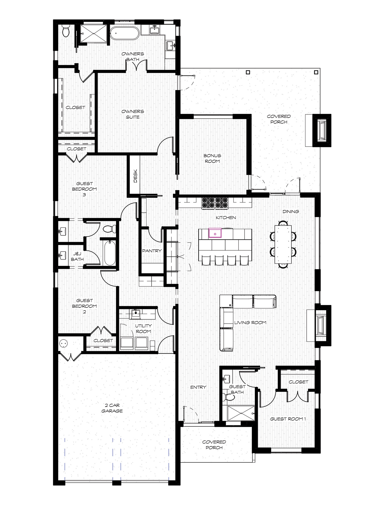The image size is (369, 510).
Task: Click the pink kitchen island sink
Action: click(x=215, y=233)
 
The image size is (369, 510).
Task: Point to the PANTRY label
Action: click(x=152, y=251)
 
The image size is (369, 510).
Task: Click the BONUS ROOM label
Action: click(x=212, y=158)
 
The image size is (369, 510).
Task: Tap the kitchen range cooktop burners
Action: click(x=215, y=203)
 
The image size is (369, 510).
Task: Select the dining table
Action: click(x=283, y=244)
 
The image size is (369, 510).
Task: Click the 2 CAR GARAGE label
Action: click(x=112, y=408)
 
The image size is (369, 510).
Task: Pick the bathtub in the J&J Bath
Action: click(x=110, y=253)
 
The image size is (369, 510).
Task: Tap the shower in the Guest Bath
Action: click(x=241, y=413)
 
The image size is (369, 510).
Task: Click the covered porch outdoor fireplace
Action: click(x=322, y=130)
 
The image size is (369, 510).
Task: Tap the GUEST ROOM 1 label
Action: click(x=288, y=419)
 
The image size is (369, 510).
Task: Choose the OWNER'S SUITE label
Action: click(x=133, y=114)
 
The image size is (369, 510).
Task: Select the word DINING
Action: click(x=291, y=212)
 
